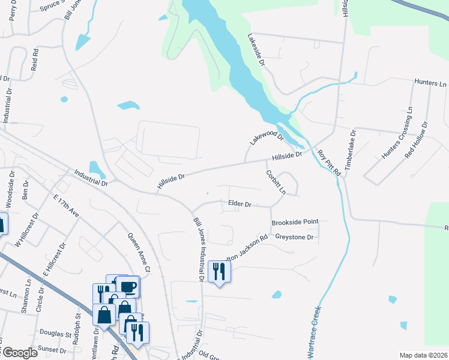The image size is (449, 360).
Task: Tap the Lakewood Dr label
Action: pyautogui.click(x=265, y=136)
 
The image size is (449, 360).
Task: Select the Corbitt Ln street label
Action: pyautogui.click(x=276, y=182)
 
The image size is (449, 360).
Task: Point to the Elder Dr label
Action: pyautogui.click(x=240, y=204)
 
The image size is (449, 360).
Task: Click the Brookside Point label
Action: pyautogui.click(x=295, y=222)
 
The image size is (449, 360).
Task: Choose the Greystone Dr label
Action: pyautogui.click(x=295, y=238)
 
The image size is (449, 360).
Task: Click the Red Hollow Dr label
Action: pyautogui.click(x=417, y=140)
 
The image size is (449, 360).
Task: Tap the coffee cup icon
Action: pyautogui.click(x=128, y=286)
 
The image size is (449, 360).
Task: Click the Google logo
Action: pyautogui.click(x=19, y=353)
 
